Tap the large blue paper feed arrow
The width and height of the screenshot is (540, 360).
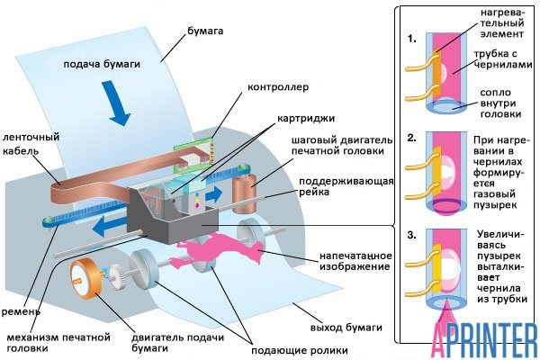120,105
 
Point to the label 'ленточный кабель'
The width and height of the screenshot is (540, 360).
31,144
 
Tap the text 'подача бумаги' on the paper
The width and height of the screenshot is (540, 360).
101,64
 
